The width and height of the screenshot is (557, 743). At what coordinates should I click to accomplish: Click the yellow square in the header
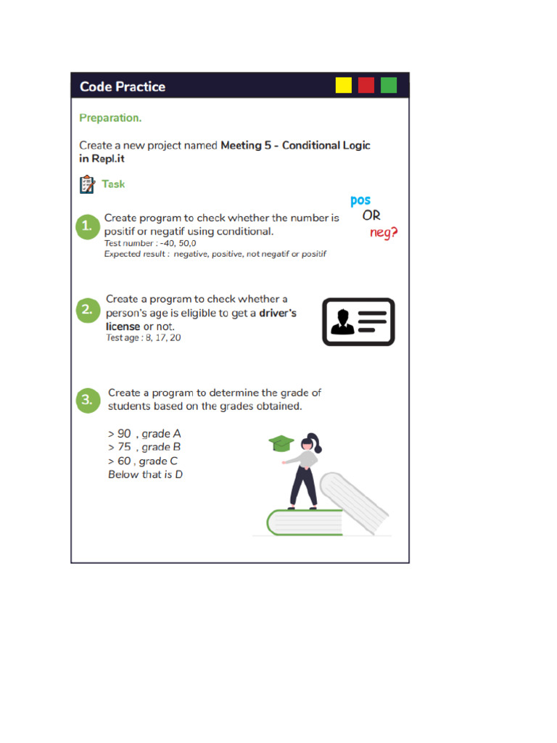click(343, 86)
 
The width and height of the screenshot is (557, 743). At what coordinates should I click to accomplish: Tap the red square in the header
click(366, 86)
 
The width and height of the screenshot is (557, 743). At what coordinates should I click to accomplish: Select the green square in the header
click(389, 86)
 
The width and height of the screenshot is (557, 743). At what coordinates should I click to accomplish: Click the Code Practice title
click(123, 87)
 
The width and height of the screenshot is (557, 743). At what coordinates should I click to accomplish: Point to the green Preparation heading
click(110, 118)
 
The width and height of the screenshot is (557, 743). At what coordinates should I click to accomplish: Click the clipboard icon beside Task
click(86, 184)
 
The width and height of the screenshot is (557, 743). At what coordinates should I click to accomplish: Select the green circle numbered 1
click(87, 226)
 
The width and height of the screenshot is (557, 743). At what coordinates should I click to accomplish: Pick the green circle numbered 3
click(87, 400)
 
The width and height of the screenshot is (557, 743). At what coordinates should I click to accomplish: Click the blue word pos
click(360, 201)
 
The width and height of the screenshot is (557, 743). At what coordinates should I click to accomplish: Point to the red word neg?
click(384, 233)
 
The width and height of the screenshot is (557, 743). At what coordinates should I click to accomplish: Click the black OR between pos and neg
click(371, 216)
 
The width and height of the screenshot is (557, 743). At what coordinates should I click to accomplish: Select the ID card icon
click(358, 321)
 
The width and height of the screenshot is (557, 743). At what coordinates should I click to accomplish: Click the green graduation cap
click(280, 443)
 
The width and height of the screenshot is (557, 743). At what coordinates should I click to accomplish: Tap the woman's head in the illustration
click(310, 442)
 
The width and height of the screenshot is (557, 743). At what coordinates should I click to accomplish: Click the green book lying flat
click(305, 522)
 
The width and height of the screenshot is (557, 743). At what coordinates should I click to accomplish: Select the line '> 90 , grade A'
click(144, 434)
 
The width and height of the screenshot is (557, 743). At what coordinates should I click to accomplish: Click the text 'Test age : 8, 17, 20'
click(144, 338)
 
